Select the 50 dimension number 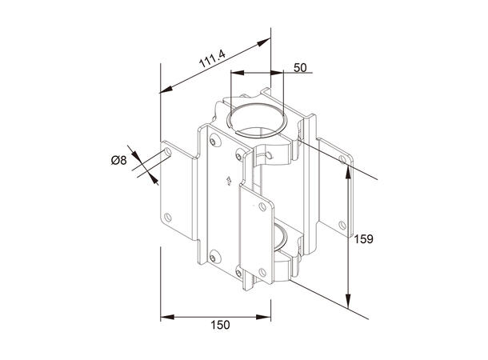pyautogui.click(x=299, y=68)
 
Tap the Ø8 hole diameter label pyautogui.click(x=118, y=159)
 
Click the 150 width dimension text pyautogui.click(x=221, y=324)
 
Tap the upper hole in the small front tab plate pyautogui.click(x=262, y=206)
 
